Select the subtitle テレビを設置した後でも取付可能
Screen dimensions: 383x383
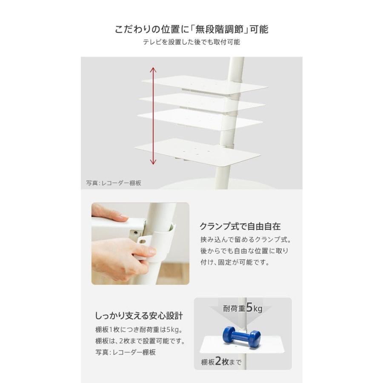tap(191, 42)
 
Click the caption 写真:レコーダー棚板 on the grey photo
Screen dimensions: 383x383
tap(114, 183)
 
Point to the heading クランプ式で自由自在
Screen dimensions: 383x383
tap(240, 226)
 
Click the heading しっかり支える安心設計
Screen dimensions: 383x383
tap(139, 316)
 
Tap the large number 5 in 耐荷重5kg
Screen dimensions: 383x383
tap(249, 307)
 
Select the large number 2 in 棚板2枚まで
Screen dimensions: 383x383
tap(218, 361)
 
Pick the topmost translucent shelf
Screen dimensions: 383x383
tap(205, 85)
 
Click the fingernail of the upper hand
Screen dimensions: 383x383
tap(124, 217)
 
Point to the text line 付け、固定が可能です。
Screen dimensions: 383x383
tap(235, 262)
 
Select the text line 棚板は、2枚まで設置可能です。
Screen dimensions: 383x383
tap(140, 341)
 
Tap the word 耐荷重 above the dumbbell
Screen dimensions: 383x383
tap(234, 308)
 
